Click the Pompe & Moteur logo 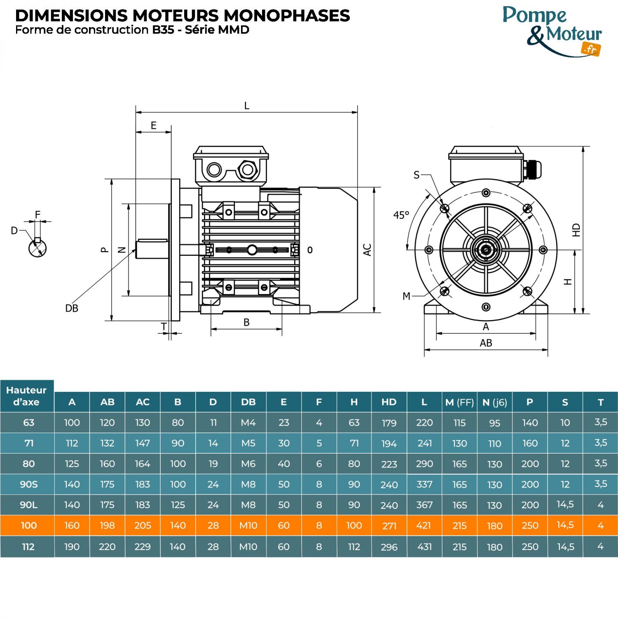click(552, 31)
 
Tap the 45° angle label click(401, 215)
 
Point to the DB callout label click(72, 308)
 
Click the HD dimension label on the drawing click(576, 230)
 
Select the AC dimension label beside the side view click(367, 250)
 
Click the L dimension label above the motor click(246, 106)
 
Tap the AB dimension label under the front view click(486, 343)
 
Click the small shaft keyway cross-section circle click(37, 248)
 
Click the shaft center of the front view click(486, 250)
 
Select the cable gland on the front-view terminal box click(533, 169)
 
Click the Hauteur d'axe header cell click(27, 396)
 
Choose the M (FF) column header click(459, 402)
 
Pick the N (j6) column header click(494, 402)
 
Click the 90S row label click(28, 484)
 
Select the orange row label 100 click(28, 525)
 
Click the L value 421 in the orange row click(424, 525)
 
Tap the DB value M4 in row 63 click(248, 422)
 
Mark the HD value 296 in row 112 click(389, 547)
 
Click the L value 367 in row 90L click(424, 505)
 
